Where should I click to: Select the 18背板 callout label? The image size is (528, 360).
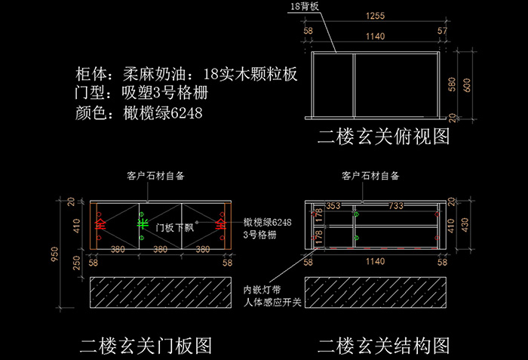[x=303, y=6]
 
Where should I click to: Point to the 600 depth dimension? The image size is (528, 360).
[x=468, y=85]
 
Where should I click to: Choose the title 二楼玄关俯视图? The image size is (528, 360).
[x=384, y=137]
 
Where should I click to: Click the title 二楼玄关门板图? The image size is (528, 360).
[x=146, y=346]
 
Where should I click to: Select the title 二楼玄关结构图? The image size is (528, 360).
[x=384, y=346]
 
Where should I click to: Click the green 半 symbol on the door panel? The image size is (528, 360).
[x=140, y=224]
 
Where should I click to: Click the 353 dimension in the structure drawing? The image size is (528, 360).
[x=333, y=205]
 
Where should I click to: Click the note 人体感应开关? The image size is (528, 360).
[x=272, y=303]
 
